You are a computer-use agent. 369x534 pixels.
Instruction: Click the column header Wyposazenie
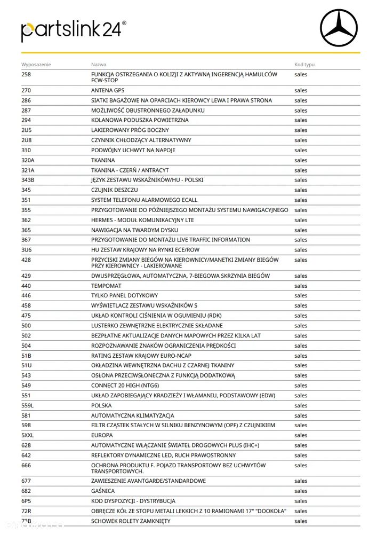tap(36, 64)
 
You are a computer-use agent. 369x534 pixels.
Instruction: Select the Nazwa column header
tap(99, 64)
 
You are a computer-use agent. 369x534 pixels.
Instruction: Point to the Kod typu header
tap(304, 64)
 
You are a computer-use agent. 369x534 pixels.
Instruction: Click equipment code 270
tap(26, 90)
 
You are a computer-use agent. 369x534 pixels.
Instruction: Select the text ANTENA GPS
tap(110, 90)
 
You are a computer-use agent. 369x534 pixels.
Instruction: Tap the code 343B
tap(28, 180)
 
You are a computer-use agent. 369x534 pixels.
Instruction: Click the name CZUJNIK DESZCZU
tap(115, 190)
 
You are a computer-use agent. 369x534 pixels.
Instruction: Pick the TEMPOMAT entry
tap(106, 286)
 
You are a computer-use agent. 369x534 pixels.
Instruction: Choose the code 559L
tap(27, 405)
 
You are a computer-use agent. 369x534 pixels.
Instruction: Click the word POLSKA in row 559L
tap(101, 405)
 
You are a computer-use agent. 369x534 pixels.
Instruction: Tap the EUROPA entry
tap(102, 435)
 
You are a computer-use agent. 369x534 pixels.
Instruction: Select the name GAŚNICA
tap(103, 491)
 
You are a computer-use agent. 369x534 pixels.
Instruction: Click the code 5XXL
tap(28, 435)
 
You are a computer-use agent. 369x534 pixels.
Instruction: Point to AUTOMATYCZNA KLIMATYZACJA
tap(133, 415)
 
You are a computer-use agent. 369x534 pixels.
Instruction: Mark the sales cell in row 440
tap(301, 286)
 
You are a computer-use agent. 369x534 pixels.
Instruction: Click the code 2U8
tap(27, 140)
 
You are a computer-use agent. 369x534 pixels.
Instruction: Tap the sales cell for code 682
tap(301, 491)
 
